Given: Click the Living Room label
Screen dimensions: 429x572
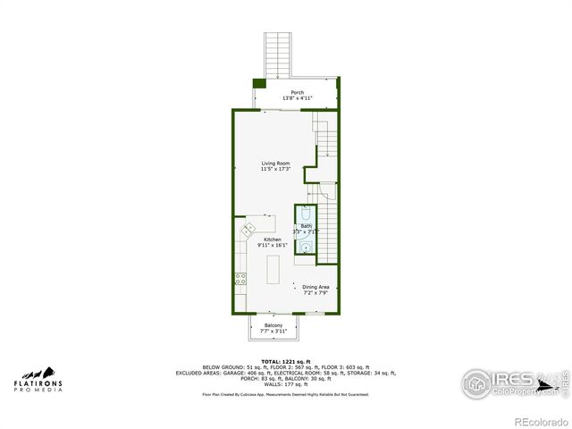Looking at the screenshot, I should coord(275,163).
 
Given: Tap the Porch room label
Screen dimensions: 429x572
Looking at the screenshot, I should coord(297,92).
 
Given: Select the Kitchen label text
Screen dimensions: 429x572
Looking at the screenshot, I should coord(272,240).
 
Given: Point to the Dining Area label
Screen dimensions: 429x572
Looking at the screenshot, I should coord(315,287).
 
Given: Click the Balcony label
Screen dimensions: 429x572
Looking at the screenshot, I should coord(273,325).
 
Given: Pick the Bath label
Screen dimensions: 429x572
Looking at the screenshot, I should coord(306,225).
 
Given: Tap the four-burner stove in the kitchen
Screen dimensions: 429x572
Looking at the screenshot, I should coord(240,278).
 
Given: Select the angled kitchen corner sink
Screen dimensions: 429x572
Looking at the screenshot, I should coord(248,230).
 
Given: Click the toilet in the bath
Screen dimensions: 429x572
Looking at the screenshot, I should coord(306,214).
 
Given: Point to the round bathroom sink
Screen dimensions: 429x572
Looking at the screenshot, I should coord(306,248).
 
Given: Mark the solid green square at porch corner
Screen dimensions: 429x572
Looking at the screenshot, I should coord(259,83).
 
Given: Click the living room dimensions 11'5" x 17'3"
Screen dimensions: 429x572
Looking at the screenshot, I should coord(275,169).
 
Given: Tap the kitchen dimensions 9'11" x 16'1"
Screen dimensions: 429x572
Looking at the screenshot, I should coord(272,245).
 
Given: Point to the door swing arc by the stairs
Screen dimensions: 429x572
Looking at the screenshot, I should coord(326,191).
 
